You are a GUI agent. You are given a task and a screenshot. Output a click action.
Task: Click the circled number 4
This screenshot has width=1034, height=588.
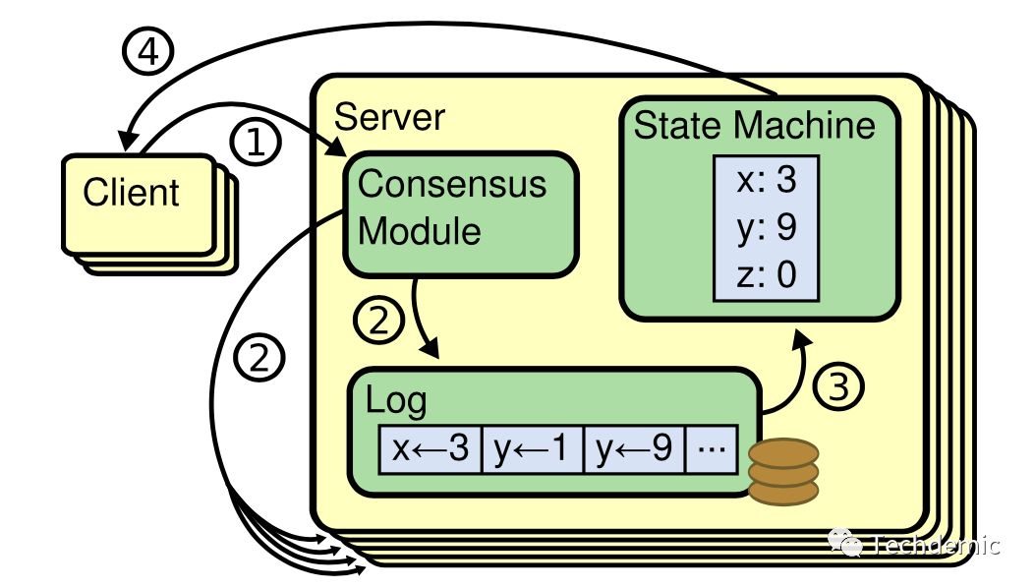pos(148,51)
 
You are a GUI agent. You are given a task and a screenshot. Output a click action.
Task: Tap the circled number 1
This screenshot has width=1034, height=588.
pos(256,142)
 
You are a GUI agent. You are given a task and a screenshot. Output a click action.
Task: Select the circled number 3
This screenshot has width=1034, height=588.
pos(838,386)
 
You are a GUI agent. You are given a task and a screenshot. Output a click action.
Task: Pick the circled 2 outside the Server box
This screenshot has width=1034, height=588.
pos(259,358)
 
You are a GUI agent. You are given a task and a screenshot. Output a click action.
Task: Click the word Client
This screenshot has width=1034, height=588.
pos(131,193)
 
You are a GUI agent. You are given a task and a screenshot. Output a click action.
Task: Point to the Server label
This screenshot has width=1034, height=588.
pos(389,117)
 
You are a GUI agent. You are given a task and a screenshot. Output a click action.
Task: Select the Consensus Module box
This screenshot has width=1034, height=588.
pos(460,214)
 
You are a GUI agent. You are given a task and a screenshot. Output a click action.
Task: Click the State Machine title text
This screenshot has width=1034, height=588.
pos(755,126)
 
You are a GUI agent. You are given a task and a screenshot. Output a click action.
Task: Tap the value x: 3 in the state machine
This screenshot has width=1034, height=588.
pos(767,180)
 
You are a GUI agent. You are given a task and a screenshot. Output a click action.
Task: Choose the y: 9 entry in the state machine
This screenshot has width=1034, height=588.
pos(767,228)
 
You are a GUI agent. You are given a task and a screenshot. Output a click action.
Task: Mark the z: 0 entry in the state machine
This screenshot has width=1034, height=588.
pos(767,274)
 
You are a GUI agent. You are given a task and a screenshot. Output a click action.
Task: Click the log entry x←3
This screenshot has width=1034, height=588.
pos(431,449)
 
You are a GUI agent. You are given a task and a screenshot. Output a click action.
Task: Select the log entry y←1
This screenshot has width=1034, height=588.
pos(532,449)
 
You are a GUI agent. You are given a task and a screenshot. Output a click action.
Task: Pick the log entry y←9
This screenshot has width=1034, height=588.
pos(634,449)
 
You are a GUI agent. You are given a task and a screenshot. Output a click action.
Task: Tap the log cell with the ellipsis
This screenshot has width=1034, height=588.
pos(712,449)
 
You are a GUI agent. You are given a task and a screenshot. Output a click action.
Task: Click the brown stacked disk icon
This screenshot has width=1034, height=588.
pos(783,472)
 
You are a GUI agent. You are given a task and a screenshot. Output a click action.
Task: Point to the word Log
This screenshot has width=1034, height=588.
pos(396,401)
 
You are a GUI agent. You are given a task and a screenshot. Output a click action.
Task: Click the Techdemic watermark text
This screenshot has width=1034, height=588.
pos(937,545)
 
